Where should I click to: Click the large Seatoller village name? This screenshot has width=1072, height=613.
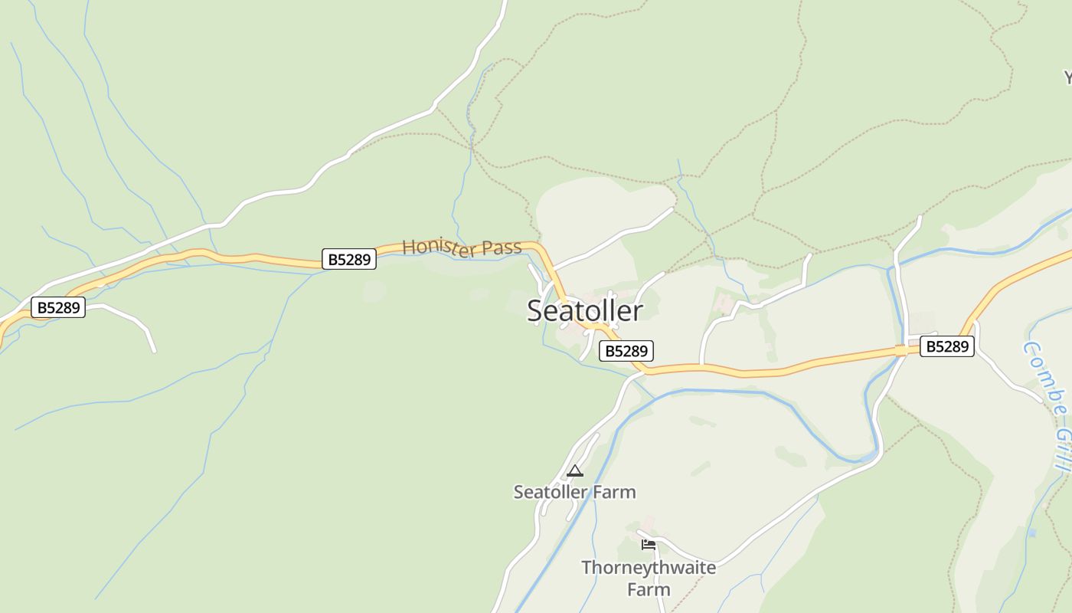pos(585,310)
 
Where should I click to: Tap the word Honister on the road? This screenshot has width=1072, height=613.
pos(433,247)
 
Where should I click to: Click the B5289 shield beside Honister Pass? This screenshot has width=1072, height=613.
pos(349,259)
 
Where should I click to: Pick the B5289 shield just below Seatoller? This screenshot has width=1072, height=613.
pos(626,351)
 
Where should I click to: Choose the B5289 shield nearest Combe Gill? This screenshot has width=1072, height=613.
pos(947,346)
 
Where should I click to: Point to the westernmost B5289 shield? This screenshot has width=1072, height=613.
pos(58,308)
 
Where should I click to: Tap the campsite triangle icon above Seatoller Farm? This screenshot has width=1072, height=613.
pos(575,470)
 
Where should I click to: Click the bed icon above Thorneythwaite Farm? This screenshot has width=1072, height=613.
pos(649,545)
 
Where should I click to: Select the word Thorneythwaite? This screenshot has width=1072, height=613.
pos(649,568)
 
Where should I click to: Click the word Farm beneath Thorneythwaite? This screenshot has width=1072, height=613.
pos(649,589)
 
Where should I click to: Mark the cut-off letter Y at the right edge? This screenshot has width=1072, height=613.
pos(1067,77)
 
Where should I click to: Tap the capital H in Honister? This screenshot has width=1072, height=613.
pos(408,247)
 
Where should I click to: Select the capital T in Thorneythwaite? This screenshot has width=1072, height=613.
pos(587,568)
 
